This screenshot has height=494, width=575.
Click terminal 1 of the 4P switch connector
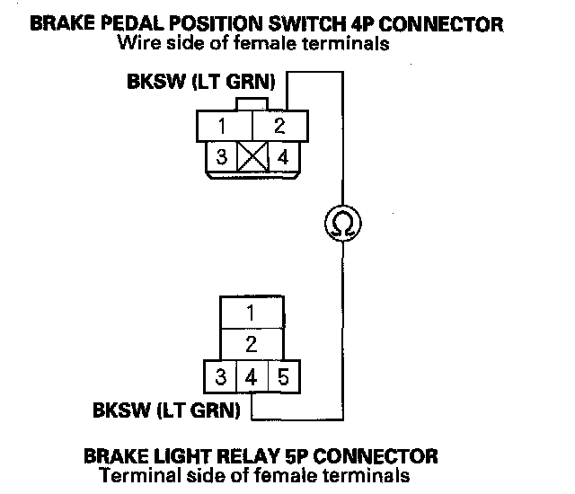point(225,126)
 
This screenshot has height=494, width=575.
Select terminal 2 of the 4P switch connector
point(280,126)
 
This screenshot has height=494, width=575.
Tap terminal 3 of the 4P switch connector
point(222,156)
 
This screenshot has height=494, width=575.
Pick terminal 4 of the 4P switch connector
point(283,157)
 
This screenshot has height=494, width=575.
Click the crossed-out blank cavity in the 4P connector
point(253,156)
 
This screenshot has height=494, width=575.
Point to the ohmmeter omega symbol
point(343,224)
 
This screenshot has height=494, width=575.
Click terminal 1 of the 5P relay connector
point(252,313)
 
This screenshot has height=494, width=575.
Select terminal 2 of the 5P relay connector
point(252,344)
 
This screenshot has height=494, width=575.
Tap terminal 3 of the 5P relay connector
point(220,376)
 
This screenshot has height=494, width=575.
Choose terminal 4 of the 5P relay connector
point(252,376)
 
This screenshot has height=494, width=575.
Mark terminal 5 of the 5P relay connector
point(284,376)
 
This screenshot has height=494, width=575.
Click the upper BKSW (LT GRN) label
point(201,82)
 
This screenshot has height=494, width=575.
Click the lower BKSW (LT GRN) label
point(166,410)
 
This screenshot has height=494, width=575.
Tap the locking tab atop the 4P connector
point(252,104)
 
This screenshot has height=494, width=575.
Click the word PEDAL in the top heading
point(132,24)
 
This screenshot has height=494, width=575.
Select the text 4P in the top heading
point(362,24)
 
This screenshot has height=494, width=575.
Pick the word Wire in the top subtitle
point(139,43)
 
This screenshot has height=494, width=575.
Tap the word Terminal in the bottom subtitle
point(140,475)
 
